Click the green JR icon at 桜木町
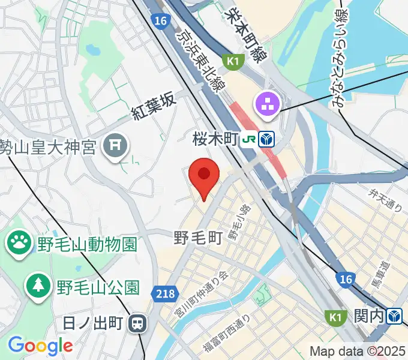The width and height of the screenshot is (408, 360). [249, 140]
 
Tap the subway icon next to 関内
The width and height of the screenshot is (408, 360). [394, 316]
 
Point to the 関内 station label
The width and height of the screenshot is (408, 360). [369, 316]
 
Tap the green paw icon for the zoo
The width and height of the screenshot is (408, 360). [19, 243]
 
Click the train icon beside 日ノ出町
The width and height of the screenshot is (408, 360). [138, 324]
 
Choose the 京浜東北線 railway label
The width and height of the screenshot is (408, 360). [199, 60]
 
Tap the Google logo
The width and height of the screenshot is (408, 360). [40, 345]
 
